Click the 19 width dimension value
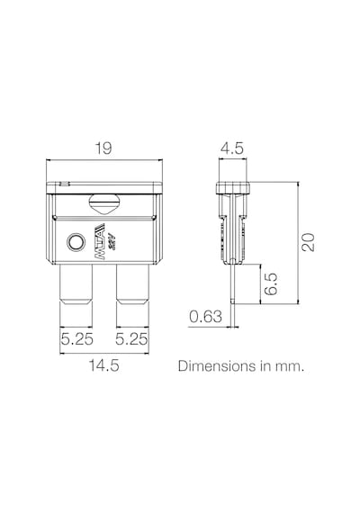pyautogui.click(x=103, y=148)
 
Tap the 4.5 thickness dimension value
pyautogui.click(x=232, y=148)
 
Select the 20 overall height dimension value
pyautogui.click(x=308, y=242)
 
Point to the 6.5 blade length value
pyautogui.click(x=271, y=284)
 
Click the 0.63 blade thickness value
pyautogui.click(x=205, y=317)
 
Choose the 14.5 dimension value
pyautogui.click(x=104, y=365)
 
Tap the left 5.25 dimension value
pyautogui.click(x=76, y=338)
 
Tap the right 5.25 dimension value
pyautogui.click(x=131, y=338)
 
